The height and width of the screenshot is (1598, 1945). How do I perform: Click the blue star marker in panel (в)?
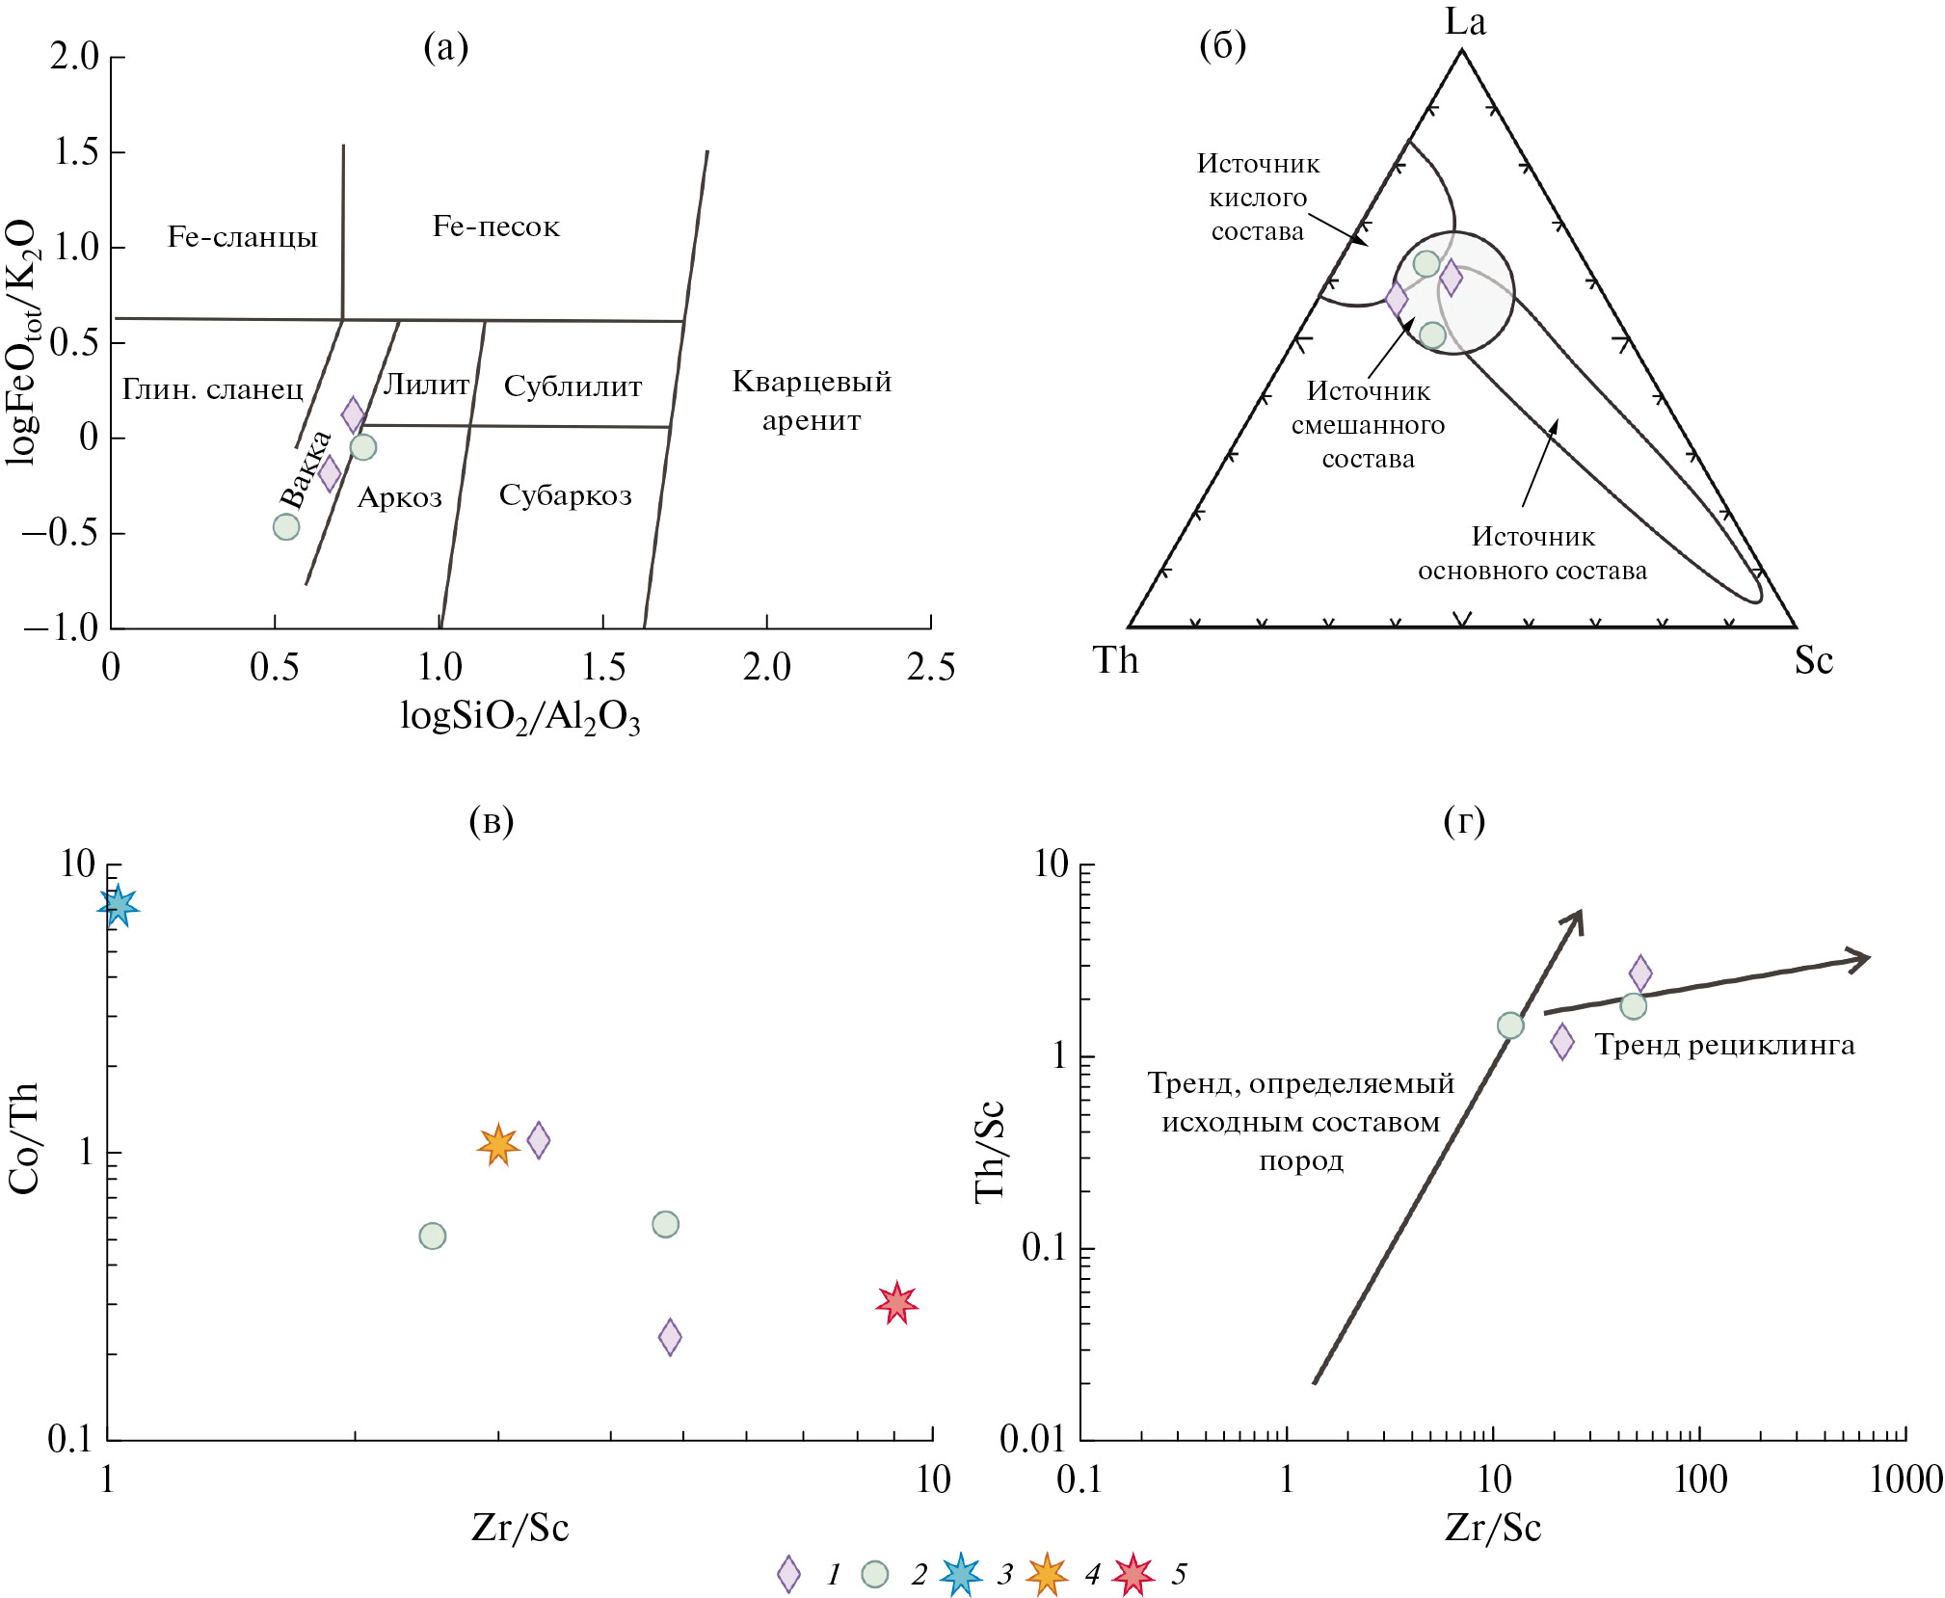pyautogui.click(x=118, y=906)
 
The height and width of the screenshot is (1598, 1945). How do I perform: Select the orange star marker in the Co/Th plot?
pyautogui.click(x=498, y=1144)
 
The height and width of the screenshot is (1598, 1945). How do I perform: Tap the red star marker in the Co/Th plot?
pyautogui.click(x=896, y=1303)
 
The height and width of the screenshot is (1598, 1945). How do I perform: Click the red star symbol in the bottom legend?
pyautogui.click(x=1132, y=1574)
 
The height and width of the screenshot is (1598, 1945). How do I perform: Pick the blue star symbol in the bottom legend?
pyautogui.click(x=961, y=1574)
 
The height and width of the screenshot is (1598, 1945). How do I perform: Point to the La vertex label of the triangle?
pyautogui.click(x=1465, y=21)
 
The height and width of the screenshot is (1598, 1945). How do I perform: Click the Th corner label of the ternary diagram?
pyautogui.click(x=1115, y=661)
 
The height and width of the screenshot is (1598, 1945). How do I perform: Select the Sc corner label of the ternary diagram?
pyautogui.click(x=1813, y=661)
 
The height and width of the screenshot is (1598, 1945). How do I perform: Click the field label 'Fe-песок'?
pyautogui.click(x=495, y=226)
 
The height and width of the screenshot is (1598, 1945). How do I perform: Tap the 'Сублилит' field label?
pyautogui.click(x=573, y=386)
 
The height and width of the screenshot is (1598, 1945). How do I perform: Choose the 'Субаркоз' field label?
pyautogui.click(x=565, y=495)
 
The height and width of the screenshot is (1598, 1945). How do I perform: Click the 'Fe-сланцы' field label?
pyautogui.click(x=242, y=237)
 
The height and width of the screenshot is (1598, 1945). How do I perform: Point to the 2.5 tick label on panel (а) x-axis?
pyautogui.click(x=930, y=667)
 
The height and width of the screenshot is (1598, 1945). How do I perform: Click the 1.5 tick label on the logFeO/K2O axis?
pyautogui.click(x=75, y=151)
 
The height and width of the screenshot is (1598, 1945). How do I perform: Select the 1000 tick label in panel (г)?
pyautogui.click(x=1905, y=1479)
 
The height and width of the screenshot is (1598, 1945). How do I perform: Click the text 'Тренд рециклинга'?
pyautogui.click(x=1724, y=1045)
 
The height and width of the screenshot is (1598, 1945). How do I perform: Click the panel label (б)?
pyautogui.click(x=1222, y=45)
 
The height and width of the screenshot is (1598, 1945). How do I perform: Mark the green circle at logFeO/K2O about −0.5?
pyautogui.click(x=286, y=526)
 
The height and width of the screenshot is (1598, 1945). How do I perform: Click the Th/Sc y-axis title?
pyautogui.click(x=990, y=1151)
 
